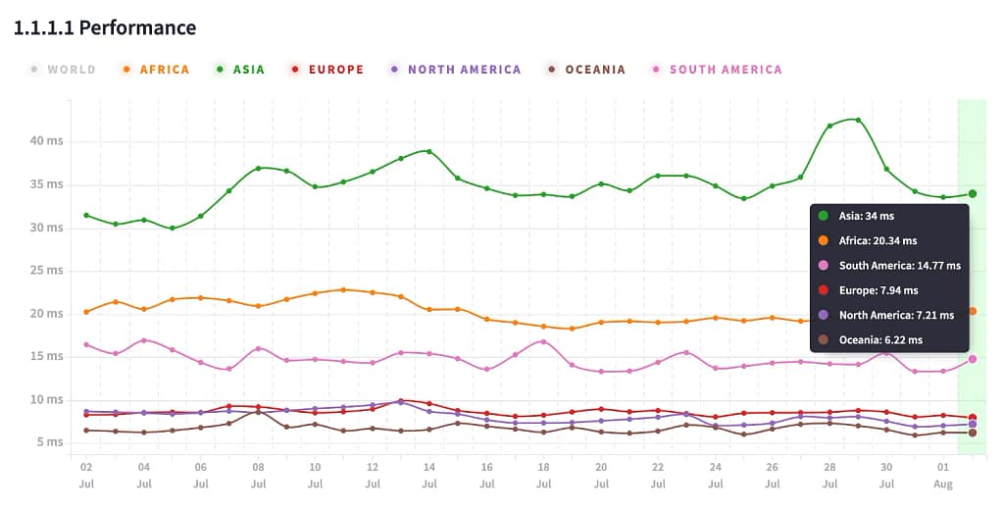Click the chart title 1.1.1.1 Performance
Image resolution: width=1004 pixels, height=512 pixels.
105,27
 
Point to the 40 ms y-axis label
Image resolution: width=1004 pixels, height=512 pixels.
46,141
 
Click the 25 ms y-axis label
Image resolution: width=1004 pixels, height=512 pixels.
46,271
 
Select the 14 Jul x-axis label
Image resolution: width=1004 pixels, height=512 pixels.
429,476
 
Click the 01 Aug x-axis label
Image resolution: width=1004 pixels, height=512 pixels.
943,476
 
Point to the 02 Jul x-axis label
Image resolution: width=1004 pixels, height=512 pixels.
86,476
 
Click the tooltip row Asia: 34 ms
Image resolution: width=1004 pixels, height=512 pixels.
867,216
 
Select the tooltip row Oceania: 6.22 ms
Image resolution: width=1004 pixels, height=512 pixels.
880,340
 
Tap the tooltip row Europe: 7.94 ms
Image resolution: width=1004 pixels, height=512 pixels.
878,290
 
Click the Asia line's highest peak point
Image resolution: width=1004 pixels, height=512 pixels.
858,120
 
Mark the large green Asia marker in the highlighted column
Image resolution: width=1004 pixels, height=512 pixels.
973,194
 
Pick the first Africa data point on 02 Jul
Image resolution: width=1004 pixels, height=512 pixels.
86,312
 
